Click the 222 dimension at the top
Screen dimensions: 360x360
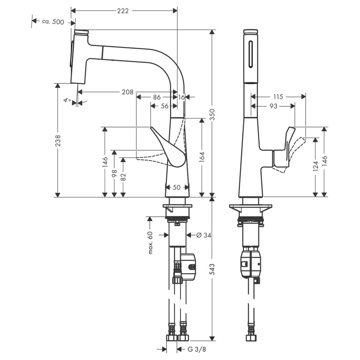(124, 10)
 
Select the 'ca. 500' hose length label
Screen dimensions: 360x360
(53, 22)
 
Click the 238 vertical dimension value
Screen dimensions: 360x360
(58, 140)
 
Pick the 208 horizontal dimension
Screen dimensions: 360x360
(127, 92)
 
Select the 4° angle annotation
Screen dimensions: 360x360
(66, 100)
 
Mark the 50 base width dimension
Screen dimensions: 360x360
(177, 187)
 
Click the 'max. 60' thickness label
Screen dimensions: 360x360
(150, 243)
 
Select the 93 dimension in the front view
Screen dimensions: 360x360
(273, 106)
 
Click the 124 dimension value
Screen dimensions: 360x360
(316, 167)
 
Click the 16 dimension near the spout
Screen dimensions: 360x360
(181, 97)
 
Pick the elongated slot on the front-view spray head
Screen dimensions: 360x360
(252, 54)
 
